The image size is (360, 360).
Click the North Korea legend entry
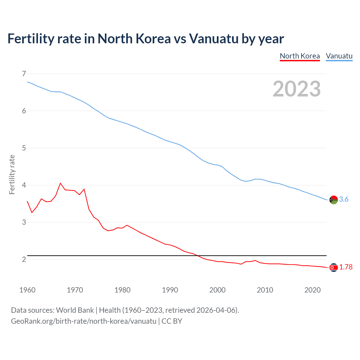coord(300,56)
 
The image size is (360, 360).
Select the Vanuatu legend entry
coord(339,56)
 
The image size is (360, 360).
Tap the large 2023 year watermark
coord(296,89)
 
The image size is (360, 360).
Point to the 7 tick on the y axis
coord(24,74)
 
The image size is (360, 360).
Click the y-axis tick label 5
coord(24,148)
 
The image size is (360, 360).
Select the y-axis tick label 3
coord(24,222)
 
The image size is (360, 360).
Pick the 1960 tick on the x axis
coord(27,290)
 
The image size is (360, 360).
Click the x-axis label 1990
coord(170,290)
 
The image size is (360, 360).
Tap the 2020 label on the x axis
coord(312,290)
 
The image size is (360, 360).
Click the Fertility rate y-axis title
coord(12,174)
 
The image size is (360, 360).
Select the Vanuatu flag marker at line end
coord(334,200)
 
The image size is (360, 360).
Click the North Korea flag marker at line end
coord(334,267)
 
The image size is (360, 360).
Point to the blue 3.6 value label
coord(344,199)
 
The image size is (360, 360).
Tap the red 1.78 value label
coord(346,267)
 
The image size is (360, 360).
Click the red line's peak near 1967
coord(60,183)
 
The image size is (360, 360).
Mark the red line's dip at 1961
coord(32,212)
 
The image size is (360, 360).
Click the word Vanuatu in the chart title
coord(213,39)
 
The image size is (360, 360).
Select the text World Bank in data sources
coord(75,310)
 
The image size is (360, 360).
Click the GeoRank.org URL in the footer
coord(84,321)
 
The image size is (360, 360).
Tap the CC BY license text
coord(172,321)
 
